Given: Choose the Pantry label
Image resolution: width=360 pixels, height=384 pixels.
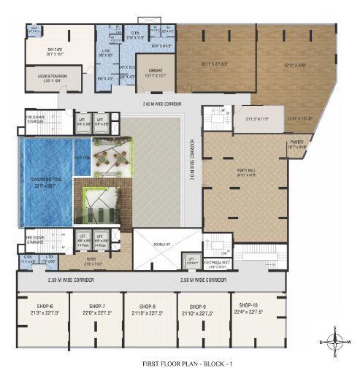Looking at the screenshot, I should (x=295, y=142).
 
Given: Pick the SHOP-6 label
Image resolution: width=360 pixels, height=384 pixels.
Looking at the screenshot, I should (x=37, y=306).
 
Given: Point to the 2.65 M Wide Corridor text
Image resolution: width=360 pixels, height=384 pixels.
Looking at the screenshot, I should (x=162, y=104).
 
